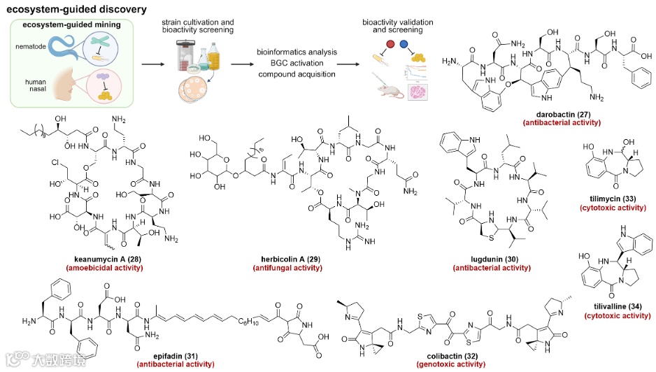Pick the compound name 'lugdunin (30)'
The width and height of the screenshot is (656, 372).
tap(487, 259)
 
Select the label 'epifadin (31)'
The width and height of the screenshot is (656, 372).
tap(145, 357)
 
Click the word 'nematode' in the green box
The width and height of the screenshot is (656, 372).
tap(29, 45)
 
